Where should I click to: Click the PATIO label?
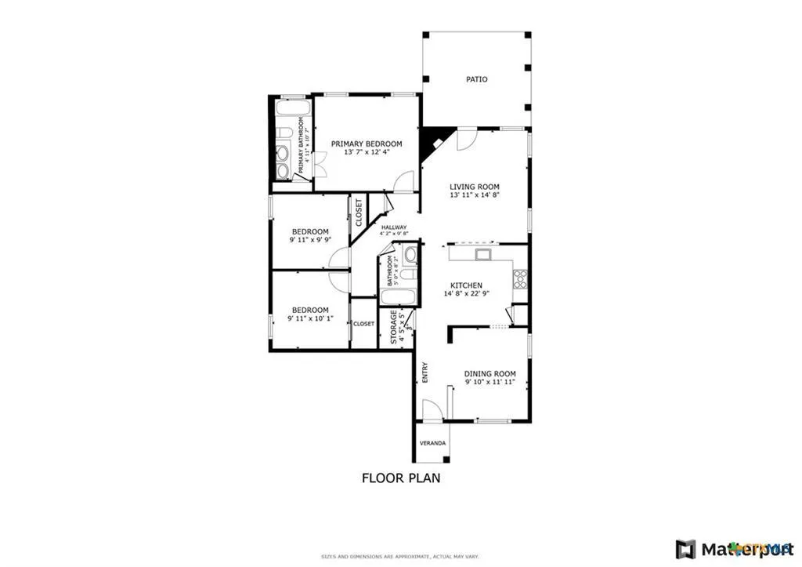click(x=476, y=79)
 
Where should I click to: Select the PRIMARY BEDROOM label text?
click(x=366, y=144)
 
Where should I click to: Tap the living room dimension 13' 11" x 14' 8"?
click(x=475, y=195)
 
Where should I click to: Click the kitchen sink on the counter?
click(x=482, y=254)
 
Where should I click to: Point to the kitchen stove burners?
click(x=520, y=278)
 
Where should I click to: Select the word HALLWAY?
click(x=393, y=227)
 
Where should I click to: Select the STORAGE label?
click(x=393, y=327)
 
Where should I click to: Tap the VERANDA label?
click(x=432, y=443)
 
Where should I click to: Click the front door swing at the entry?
click(x=432, y=410)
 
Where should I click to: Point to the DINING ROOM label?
click(x=490, y=373)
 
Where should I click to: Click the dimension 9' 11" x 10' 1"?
click(x=310, y=318)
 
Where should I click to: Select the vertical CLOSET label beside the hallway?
click(x=359, y=213)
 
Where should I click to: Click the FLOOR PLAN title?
click(x=400, y=477)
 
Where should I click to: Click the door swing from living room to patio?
click(x=466, y=139)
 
